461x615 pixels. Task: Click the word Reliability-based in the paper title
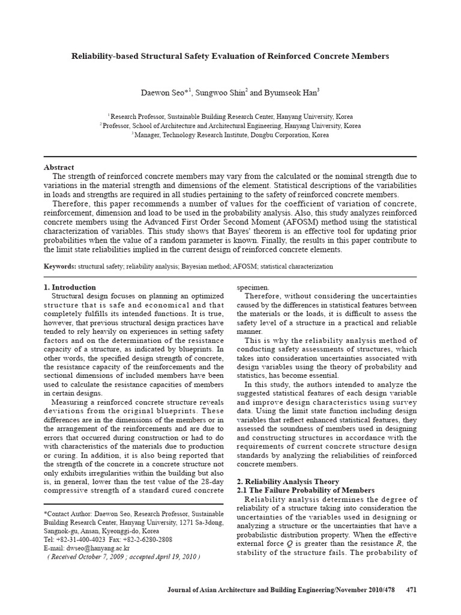pyautogui.click(x=104, y=56)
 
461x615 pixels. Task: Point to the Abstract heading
pyautogui.click(x=59, y=167)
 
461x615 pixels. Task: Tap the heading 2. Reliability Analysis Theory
pyautogui.click(x=288, y=482)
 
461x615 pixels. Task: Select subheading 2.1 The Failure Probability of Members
pyautogui.click(x=306, y=490)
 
